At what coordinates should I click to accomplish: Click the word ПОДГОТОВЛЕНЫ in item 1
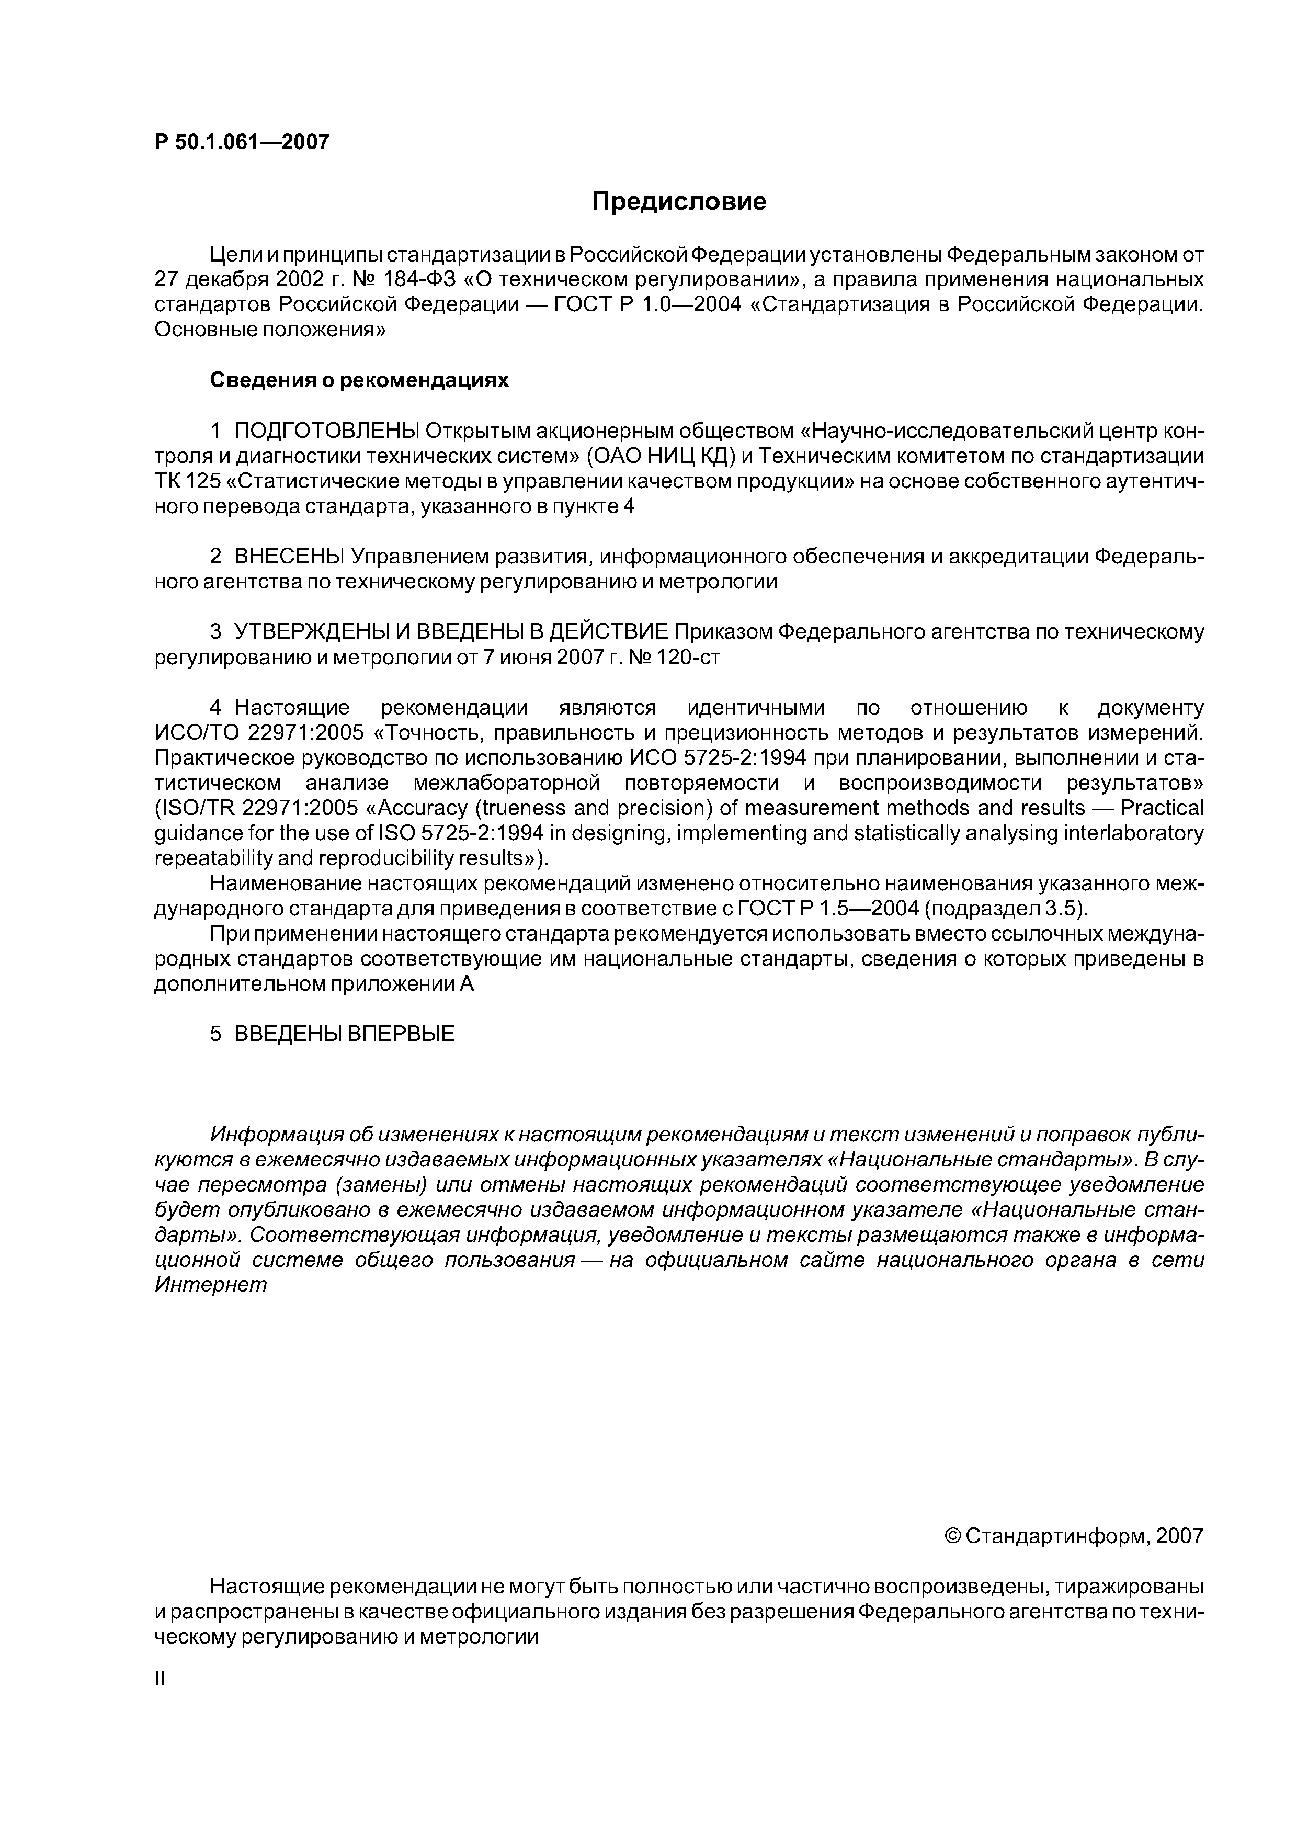point(326,431)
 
